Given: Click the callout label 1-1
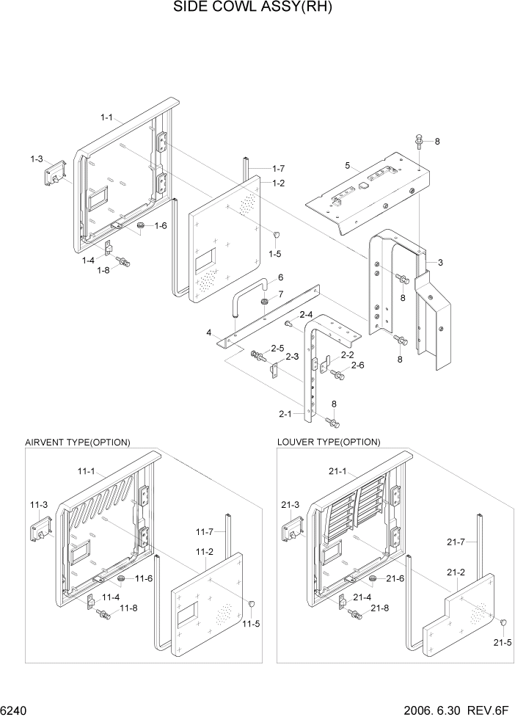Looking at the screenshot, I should click(106, 117).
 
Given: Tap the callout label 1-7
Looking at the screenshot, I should click(279, 169).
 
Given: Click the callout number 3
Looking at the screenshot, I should click(439, 262).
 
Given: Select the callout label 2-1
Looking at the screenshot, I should click(285, 414).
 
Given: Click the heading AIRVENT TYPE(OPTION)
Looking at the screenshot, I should click(78, 442).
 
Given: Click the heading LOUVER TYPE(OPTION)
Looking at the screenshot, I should click(329, 442).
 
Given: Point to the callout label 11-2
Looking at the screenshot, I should click(205, 551).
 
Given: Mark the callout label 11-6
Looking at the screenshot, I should click(145, 579).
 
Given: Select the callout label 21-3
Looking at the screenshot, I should click(291, 504).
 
